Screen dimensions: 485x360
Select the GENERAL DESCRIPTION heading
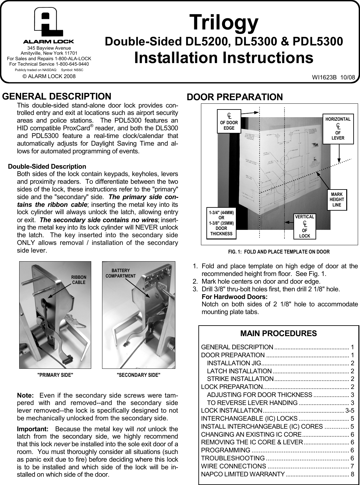[x=57, y=96]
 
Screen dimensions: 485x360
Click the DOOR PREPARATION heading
[x=235, y=97]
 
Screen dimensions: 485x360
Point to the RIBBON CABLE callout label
[x=79, y=279]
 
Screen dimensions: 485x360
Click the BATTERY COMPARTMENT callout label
[x=121, y=273]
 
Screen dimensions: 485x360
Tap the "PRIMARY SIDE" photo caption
[x=55, y=375]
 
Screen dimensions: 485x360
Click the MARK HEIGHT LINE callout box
[x=337, y=199]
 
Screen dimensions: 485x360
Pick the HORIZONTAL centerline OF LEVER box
[x=338, y=128]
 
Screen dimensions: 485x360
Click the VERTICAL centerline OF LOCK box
[x=305, y=226]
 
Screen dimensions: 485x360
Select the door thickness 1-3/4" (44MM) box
[x=221, y=223]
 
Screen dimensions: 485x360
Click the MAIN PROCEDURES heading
[x=278, y=334]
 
